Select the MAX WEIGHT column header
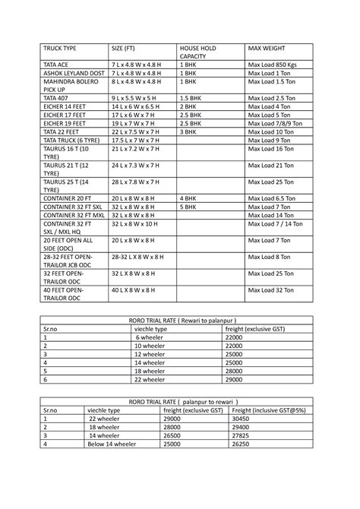[x=265, y=48]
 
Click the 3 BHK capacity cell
[x=188, y=131]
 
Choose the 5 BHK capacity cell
[x=188, y=206]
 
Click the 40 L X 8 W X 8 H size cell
[x=133, y=289]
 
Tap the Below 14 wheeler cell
[x=112, y=444]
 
